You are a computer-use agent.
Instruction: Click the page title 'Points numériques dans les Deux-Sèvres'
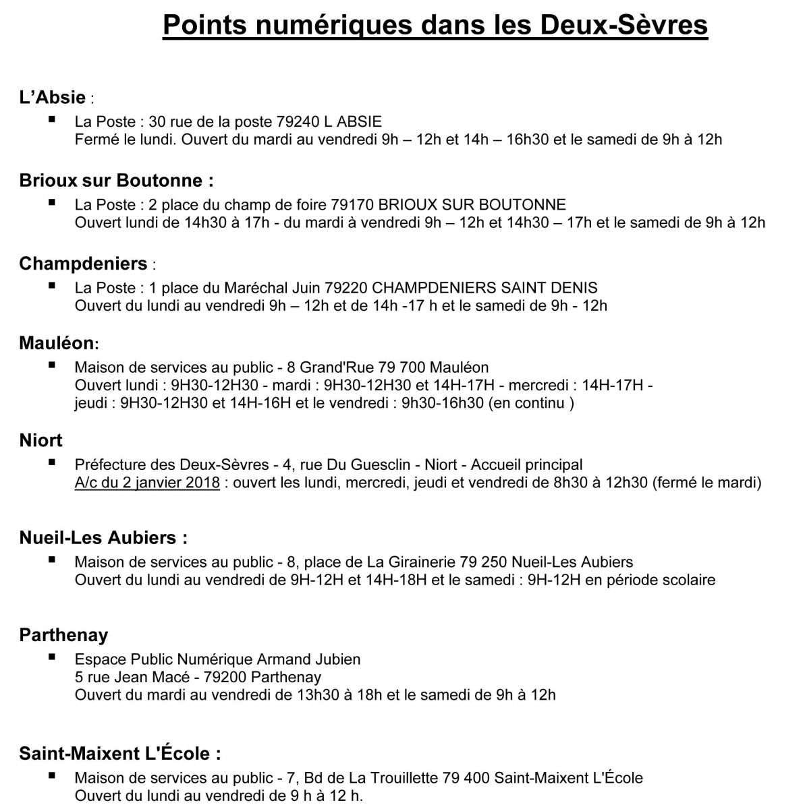(x=435, y=25)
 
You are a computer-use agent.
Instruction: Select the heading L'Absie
(x=53, y=98)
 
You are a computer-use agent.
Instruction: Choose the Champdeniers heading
(x=83, y=264)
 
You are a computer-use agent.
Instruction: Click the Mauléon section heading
(x=57, y=343)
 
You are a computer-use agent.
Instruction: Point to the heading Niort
(x=40, y=440)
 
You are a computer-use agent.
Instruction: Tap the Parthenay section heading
(x=63, y=635)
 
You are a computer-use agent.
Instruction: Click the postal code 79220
(x=346, y=288)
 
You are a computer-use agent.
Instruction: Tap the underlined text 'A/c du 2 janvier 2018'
(x=147, y=483)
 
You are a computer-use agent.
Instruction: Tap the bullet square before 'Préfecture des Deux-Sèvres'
(x=52, y=463)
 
